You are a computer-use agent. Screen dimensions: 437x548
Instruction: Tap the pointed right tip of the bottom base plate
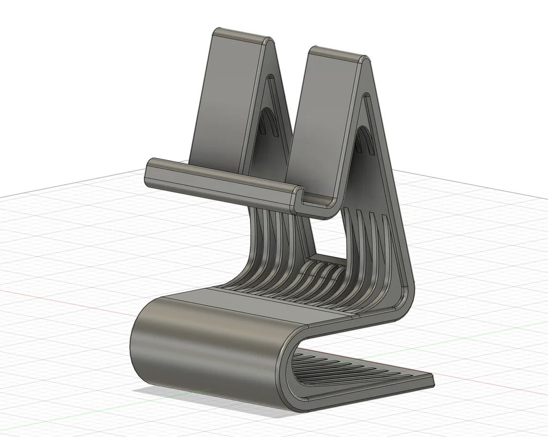[x=431, y=381]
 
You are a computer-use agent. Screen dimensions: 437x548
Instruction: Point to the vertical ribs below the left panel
[x=273, y=230]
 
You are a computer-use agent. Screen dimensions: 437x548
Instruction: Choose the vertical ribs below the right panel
[x=369, y=236]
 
